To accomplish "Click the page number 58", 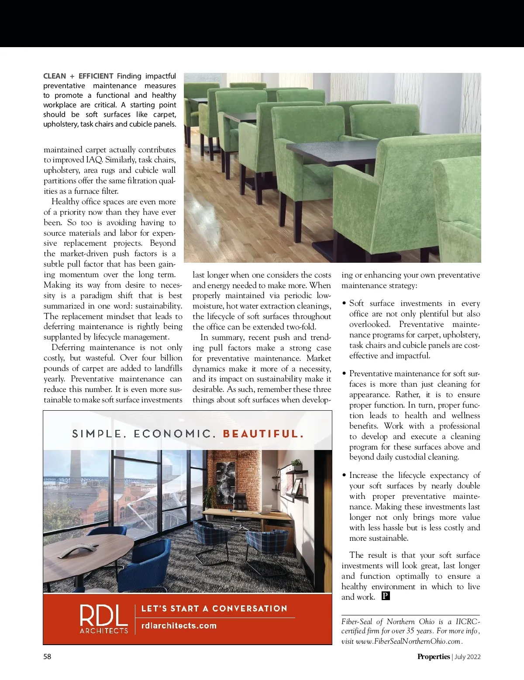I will (x=47, y=656).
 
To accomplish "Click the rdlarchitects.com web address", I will (x=179, y=625).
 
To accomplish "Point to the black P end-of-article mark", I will (x=385, y=596).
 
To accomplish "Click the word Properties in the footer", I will (x=433, y=656).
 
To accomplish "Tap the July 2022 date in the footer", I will (x=468, y=656).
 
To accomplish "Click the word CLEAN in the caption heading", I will (x=55, y=76).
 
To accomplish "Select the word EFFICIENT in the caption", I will (x=96, y=76).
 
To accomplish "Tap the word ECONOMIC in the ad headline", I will (x=173, y=434).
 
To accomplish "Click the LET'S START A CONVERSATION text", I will (x=214, y=608).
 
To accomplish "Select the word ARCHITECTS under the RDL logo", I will (x=104, y=630).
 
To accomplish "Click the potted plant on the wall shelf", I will (x=296, y=464).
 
